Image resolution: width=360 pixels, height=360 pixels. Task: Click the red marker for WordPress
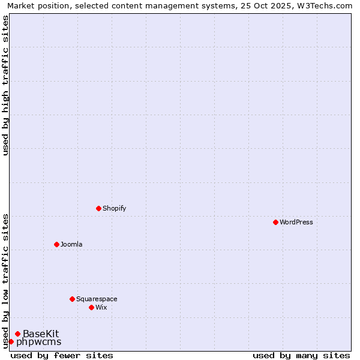275,222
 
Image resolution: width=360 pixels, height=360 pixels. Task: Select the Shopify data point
98,208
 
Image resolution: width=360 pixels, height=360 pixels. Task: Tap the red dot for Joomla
56,244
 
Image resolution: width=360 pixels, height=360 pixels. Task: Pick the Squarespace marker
72,299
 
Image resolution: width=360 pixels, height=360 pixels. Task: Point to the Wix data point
91,307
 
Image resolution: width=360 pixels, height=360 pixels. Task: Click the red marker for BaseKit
18,334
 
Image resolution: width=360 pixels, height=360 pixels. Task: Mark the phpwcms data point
11,341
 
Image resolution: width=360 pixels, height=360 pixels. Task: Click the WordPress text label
296,222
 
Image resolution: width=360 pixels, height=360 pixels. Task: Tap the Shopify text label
114,208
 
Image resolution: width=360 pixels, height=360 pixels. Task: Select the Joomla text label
71,244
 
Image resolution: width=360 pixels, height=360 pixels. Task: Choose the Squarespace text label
97,299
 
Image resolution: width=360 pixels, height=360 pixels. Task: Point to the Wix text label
101,307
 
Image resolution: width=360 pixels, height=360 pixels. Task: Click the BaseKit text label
41,334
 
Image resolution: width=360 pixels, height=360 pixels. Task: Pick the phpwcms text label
38,342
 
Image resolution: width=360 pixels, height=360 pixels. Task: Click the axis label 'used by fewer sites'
62,355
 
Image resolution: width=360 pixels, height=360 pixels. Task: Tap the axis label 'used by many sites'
301,355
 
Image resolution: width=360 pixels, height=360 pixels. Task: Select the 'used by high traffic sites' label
5,86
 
